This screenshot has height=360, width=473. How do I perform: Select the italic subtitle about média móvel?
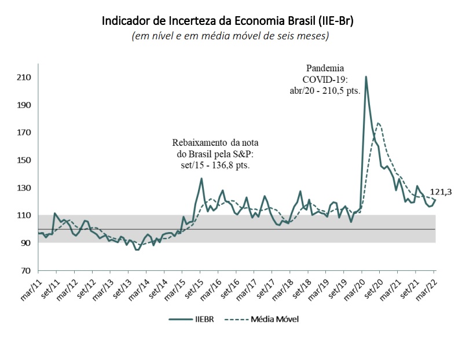point(230,36)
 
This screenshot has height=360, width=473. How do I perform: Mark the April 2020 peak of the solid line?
point(366,77)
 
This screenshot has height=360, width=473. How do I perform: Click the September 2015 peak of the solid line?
point(201,178)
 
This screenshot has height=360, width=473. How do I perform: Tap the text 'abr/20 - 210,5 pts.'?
point(325,91)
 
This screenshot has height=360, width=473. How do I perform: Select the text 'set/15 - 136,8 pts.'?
point(215,165)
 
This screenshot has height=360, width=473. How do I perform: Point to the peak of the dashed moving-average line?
point(378,123)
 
